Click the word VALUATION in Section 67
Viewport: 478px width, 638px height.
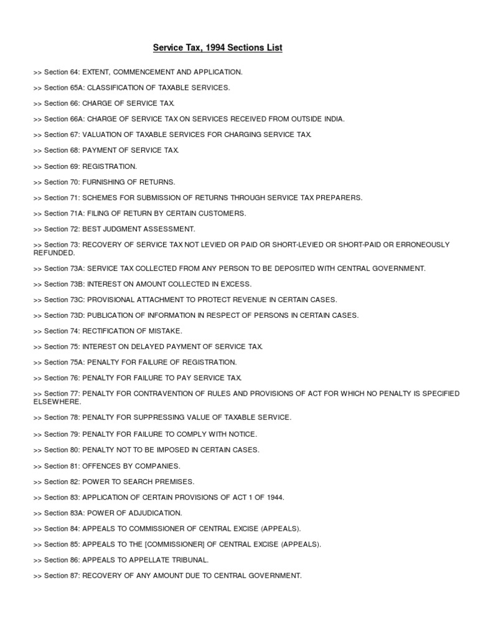pos(102,135)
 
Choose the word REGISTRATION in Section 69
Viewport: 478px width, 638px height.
pos(110,166)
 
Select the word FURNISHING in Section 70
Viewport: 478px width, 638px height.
pos(105,182)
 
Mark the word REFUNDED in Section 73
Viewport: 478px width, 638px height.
pos(54,253)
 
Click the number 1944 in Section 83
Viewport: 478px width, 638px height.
pos(273,497)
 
